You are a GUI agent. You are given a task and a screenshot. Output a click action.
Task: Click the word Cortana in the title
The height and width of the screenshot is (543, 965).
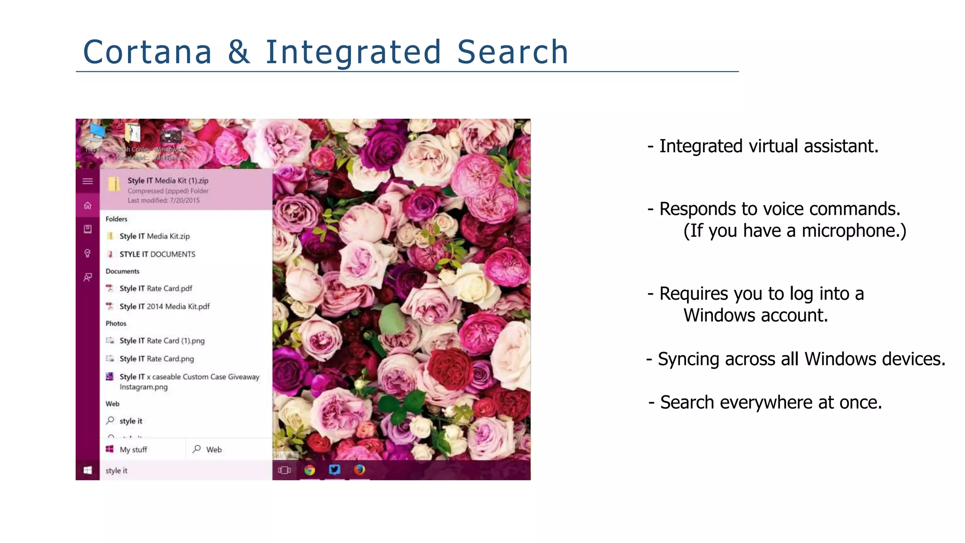point(147,52)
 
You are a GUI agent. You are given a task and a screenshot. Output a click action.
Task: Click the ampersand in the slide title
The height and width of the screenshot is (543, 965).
point(239,52)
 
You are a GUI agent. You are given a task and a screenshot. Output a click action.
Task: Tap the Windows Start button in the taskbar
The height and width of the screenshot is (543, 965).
point(88,470)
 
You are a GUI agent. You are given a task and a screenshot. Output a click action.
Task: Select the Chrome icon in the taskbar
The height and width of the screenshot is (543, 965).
point(310,469)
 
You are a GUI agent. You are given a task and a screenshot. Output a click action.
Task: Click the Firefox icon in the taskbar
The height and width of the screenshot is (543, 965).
point(360,469)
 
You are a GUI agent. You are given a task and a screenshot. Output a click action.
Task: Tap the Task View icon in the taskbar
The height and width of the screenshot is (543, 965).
point(285,470)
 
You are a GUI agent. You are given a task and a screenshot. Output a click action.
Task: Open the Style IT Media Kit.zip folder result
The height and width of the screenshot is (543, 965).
point(155,236)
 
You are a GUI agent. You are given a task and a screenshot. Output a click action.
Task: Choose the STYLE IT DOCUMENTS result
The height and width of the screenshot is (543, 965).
point(157,254)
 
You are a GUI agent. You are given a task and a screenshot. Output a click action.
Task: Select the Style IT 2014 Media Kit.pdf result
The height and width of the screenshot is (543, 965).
point(164,306)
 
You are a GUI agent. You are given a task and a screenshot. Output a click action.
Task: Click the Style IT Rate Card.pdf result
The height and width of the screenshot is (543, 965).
point(155,288)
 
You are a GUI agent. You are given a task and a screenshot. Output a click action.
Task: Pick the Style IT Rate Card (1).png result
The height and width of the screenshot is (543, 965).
point(162,341)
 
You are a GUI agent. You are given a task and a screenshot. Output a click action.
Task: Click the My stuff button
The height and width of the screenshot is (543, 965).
point(133,450)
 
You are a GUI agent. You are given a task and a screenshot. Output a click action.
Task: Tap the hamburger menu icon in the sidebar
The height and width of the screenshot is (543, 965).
point(88,181)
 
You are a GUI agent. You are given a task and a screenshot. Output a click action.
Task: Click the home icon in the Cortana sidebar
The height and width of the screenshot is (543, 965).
point(88,206)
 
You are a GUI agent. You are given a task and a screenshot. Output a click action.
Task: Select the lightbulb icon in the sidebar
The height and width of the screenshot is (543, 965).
point(88,254)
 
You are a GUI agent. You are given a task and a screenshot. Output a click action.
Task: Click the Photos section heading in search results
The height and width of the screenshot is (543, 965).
point(116,323)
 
